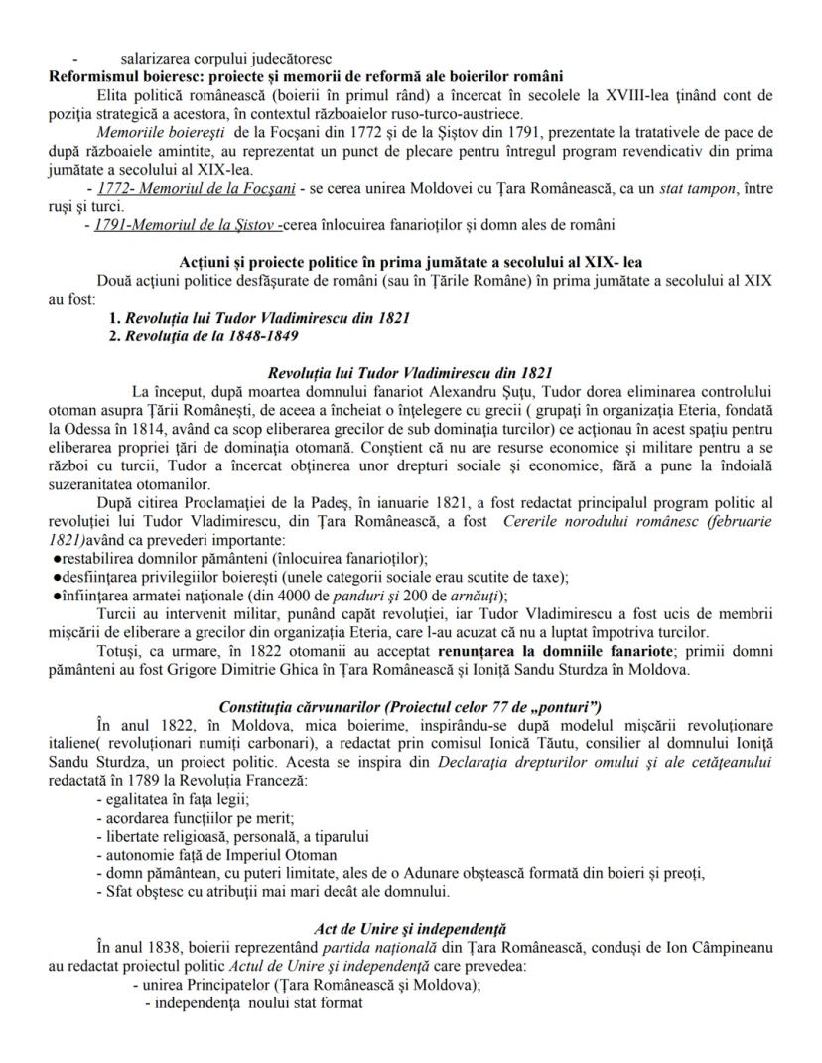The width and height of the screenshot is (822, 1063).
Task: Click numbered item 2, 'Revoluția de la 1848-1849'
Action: [219, 335]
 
